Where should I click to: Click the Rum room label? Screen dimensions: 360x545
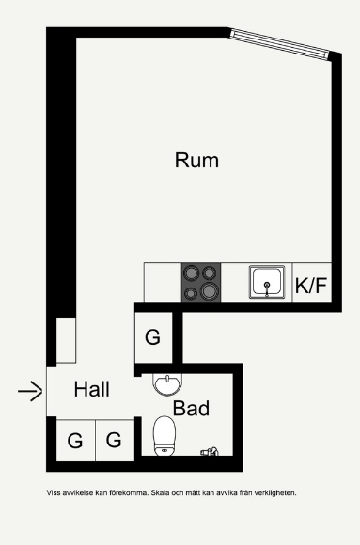pyautogui.click(x=196, y=161)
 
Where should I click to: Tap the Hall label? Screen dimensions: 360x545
pyautogui.click(x=92, y=389)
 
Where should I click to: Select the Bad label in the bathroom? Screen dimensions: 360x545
pyautogui.click(x=191, y=408)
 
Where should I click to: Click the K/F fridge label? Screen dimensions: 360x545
pyautogui.click(x=311, y=286)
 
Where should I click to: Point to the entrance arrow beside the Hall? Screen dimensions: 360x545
pyautogui.click(x=30, y=392)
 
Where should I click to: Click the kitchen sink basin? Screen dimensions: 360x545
pyautogui.click(x=267, y=282)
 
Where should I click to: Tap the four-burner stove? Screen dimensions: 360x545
pyautogui.click(x=201, y=282)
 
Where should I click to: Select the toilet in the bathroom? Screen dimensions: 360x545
pyautogui.click(x=164, y=436)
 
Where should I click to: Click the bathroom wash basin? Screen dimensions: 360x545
pyautogui.click(x=167, y=384)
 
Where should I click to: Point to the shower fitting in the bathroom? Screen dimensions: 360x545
pyautogui.click(x=210, y=451)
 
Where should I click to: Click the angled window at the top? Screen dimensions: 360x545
pyautogui.click(x=279, y=44)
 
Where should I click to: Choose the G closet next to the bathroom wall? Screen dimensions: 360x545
pyautogui.click(x=153, y=337)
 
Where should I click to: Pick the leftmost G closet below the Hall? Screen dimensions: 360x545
pyautogui.click(x=75, y=441)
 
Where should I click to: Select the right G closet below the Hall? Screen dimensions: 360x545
pyautogui.click(x=115, y=441)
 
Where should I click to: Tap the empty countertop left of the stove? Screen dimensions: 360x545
pyautogui.click(x=163, y=282)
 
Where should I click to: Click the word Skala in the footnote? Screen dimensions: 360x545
pyautogui.click(x=158, y=493)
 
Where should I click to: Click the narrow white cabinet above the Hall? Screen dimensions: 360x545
pyautogui.click(x=66, y=340)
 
